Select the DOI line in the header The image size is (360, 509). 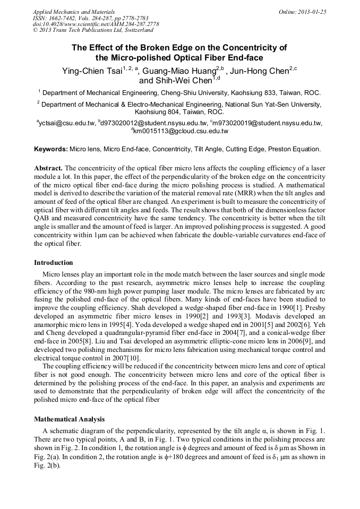pyautogui.click(x=96, y=24)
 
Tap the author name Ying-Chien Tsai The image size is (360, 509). pyautogui.click(x=92, y=71)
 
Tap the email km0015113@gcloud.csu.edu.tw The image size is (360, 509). pyautogui.click(x=181, y=131)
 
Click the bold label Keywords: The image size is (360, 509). pyautogui.click(x=51, y=149)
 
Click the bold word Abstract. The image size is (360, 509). pyautogui.click(x=48, y=168)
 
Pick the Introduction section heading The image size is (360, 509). pyautogui.click(x=54, y=262)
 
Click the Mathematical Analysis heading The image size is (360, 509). pyautogui.click(x=69, y=419)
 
